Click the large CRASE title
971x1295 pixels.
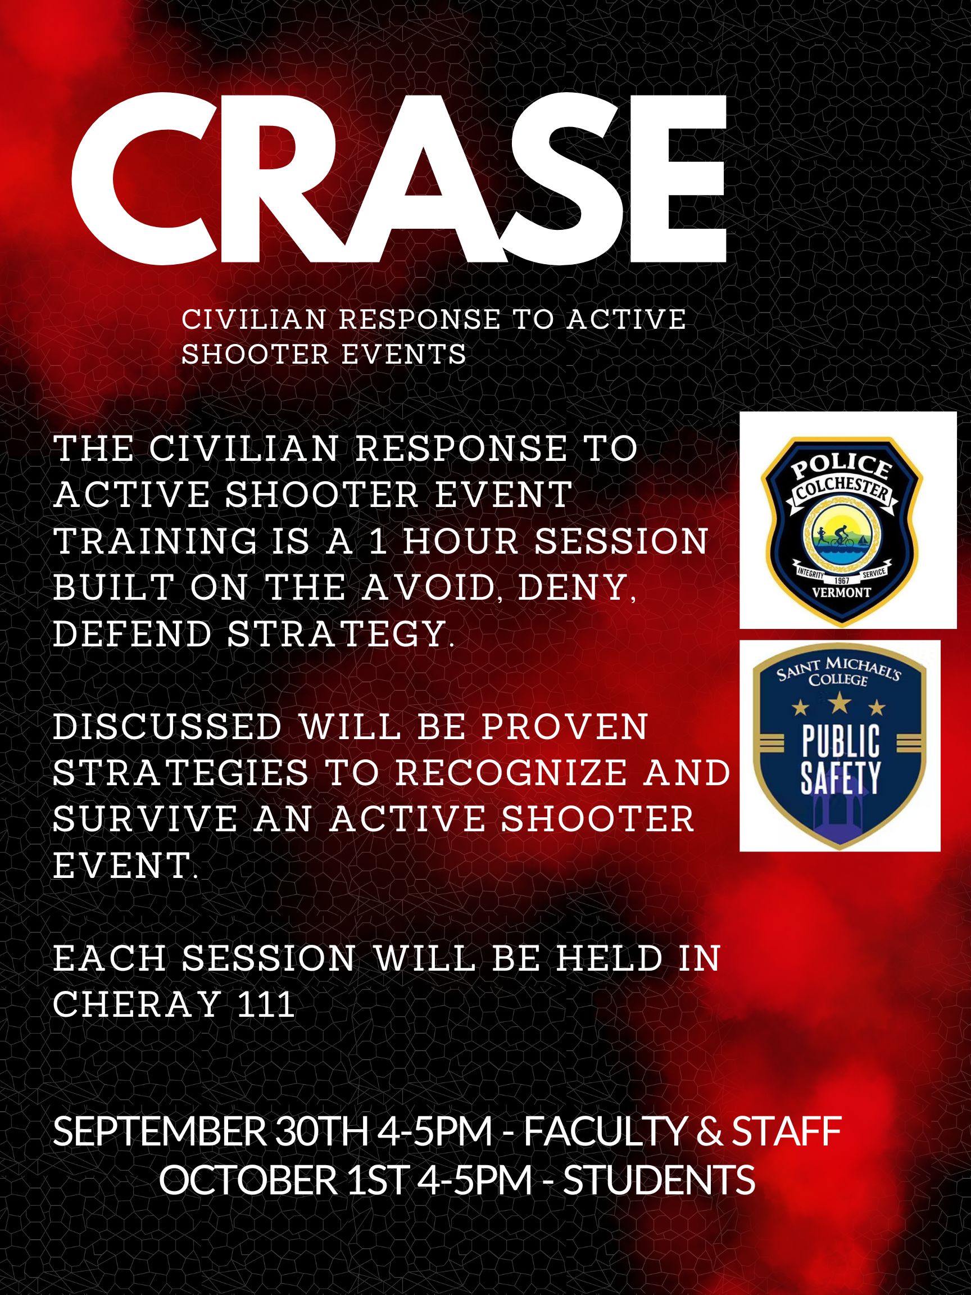tap(399, 179)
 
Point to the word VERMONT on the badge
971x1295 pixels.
tap(842, 592)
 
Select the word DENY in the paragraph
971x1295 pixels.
tap(577, 588)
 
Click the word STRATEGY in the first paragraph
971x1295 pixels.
tap(341, 633)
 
